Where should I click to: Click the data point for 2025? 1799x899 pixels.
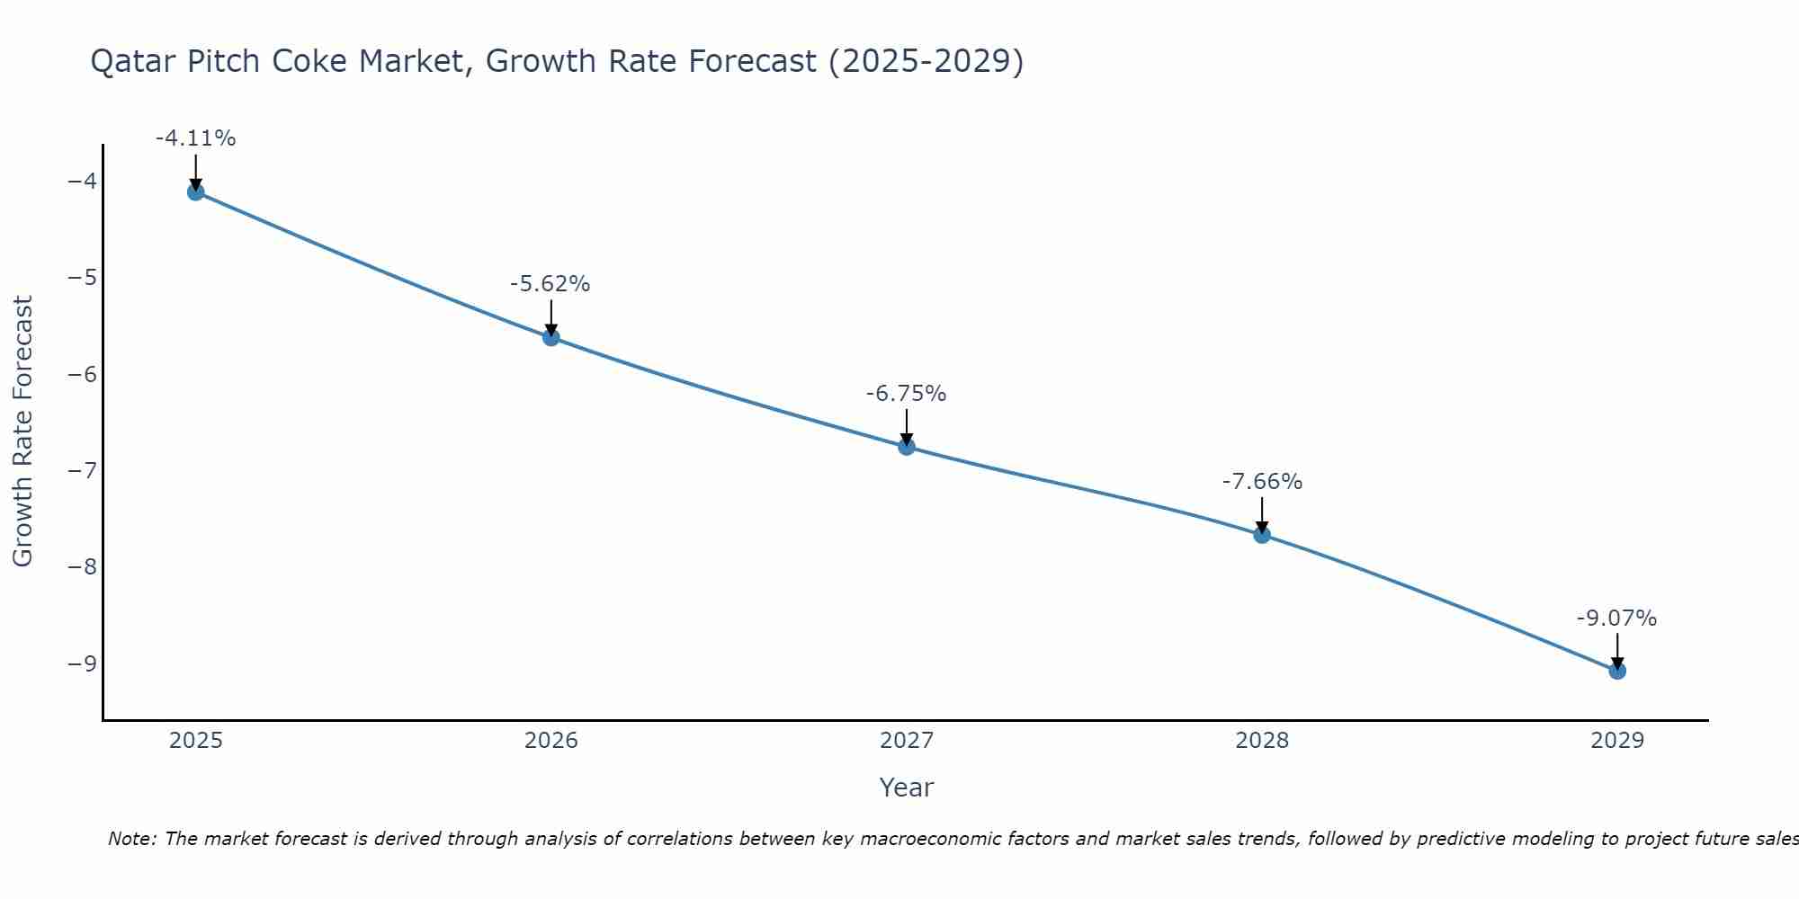coord(196,191)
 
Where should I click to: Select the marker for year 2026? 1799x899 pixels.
coord(551,337)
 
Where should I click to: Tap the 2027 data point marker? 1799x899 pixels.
coord(907,446)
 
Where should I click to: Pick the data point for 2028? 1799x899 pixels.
coord(1262,535)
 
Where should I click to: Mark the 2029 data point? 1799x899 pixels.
coord(1617,671)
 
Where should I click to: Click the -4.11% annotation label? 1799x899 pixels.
coord(196,138)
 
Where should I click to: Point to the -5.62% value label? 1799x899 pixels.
coord(550,284)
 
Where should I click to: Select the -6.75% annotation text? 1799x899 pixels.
coord(906,394)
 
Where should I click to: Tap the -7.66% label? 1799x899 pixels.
coord(1262,482)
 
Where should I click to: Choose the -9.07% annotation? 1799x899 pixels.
coord(1616,619)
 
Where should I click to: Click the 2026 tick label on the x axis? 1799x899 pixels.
coord(551,741)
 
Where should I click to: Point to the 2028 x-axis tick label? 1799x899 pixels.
coord(1262,741)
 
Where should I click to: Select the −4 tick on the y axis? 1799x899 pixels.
coord(83,182)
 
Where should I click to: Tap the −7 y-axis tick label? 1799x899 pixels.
coord(83,470)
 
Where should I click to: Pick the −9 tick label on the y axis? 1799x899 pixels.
coord(83,663)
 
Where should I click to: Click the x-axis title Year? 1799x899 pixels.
coord(907,788)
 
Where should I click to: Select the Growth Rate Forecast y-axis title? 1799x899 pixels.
coord(23,432)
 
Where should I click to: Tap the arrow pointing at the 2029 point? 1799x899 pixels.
coord(1617,649)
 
